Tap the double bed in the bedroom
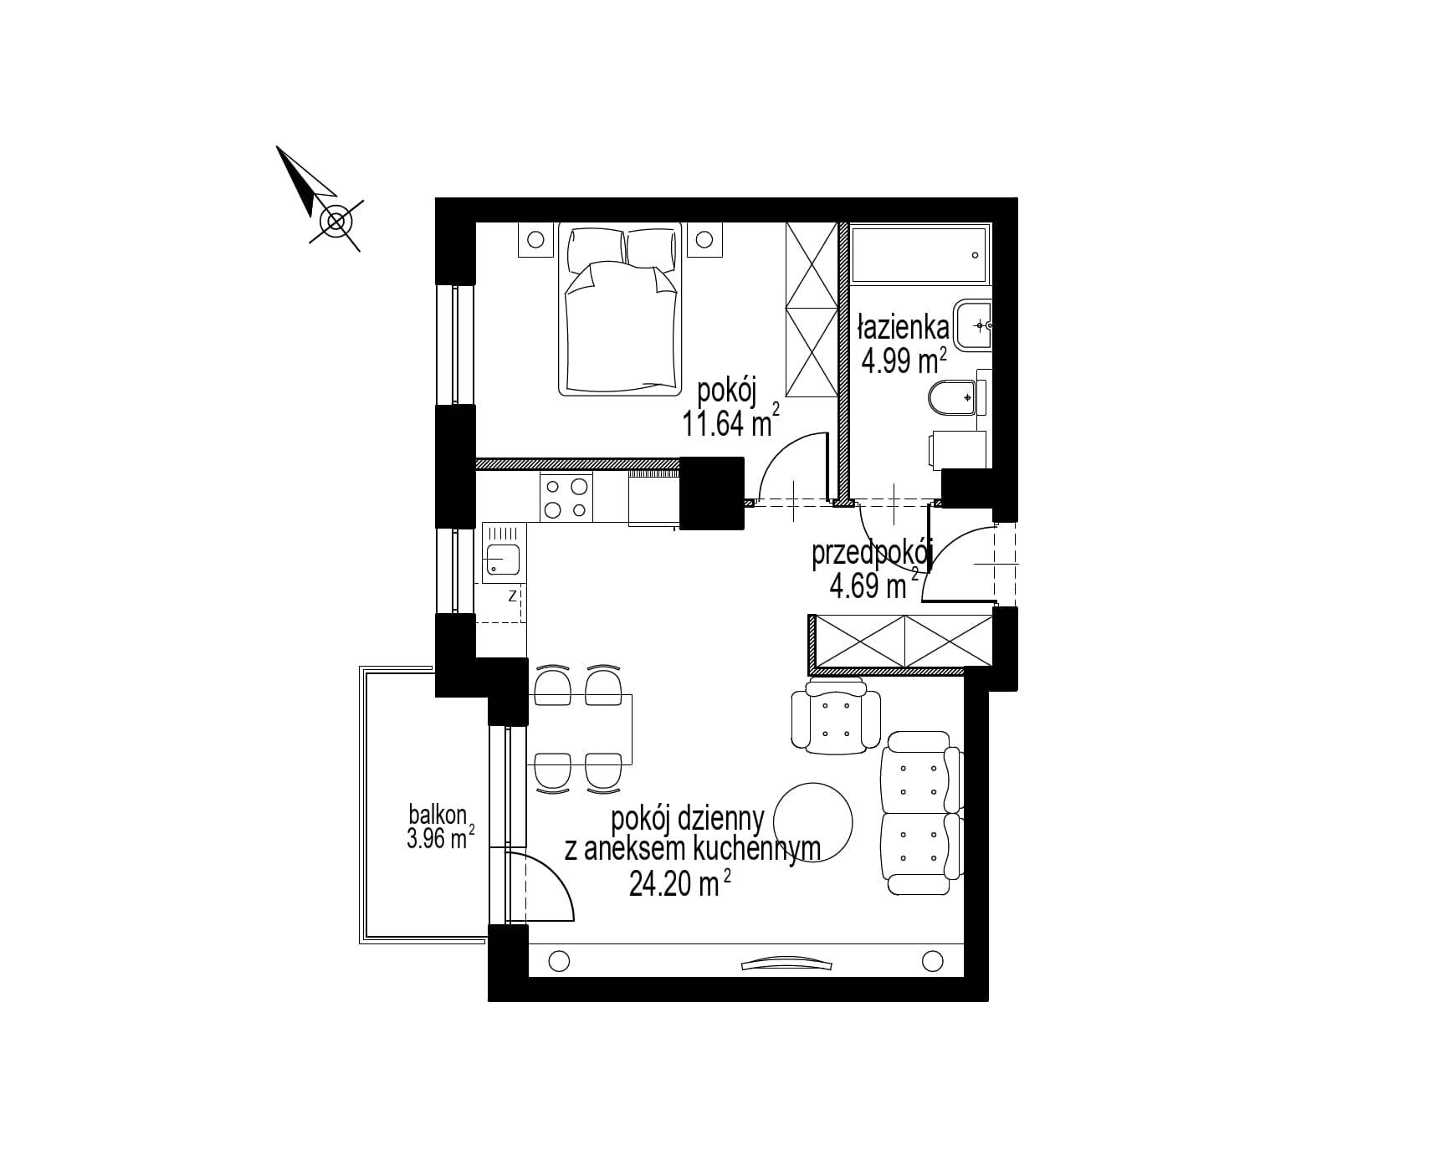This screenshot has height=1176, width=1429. pos(621,309)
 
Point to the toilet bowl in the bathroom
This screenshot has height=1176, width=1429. pos(954,398)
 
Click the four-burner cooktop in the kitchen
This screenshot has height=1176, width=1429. pos(566,497)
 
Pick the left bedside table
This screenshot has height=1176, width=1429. pos(536,241)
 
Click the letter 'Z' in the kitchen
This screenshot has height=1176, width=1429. pos(510,596)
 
